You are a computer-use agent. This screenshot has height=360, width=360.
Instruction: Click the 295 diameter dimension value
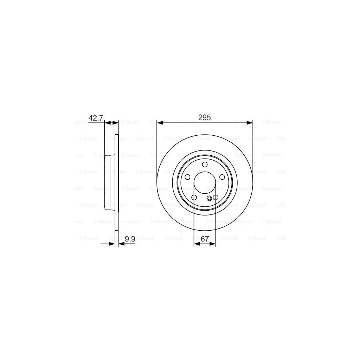click(x=204, y=118)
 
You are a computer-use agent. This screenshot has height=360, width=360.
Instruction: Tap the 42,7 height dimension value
click(x=95, y=118)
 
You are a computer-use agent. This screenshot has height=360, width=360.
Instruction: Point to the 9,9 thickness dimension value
click(x=130, y=239)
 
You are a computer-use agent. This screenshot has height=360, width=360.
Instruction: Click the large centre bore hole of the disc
click(x=205, y=183)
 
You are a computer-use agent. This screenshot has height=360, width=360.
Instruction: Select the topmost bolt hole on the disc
click(x=205, y=165)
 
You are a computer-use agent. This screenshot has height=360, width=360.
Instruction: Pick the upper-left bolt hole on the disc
click(x=187, y=177)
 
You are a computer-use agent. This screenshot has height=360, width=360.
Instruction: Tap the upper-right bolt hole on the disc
click(x=222, y=177)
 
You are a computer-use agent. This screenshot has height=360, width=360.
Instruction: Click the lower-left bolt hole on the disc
click(x=194, y=197)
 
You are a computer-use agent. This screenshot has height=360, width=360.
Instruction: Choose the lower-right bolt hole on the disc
click(x=215, y=197)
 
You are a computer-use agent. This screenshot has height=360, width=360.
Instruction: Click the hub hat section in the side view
click(x=108, y=183)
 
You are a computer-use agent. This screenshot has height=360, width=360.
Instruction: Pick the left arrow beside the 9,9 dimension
click(x=112, y=243)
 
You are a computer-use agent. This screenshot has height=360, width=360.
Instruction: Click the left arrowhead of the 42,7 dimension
click(x=107, y=123)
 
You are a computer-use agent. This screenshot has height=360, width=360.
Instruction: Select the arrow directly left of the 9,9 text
click(x=122, y=243)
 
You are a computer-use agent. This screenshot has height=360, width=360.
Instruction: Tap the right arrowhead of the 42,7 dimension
click(x=116, y=123)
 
